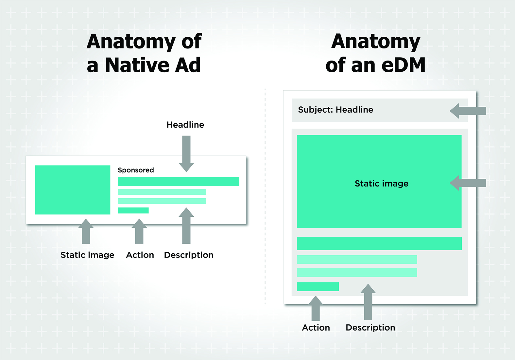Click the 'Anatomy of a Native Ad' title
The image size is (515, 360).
[144, 53]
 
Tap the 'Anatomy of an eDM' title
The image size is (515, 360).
[375, 53]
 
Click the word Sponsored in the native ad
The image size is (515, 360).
[136, 170]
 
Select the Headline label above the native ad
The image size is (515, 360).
[185, 125]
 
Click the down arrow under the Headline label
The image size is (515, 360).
[186, 154]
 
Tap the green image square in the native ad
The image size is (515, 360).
[72, 190]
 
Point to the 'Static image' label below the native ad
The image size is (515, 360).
[87, 255]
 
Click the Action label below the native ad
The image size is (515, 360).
[140, 255]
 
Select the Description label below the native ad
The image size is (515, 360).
[189, 255]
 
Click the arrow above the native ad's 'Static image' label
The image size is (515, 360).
[86, 231]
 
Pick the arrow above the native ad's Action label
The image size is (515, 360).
[139, 231]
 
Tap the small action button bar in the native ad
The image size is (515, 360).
[133, 210]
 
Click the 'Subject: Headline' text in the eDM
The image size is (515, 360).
[336, 110]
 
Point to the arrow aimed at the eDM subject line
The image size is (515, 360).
[468, 111]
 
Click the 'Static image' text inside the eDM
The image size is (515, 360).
[382, 184]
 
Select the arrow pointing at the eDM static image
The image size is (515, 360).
[468, 183]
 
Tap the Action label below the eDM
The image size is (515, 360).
[316, 328]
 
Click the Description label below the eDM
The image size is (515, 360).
[370, 328]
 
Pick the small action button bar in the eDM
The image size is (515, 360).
[318, 287]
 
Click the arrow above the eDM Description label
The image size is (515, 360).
[368, 302]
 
